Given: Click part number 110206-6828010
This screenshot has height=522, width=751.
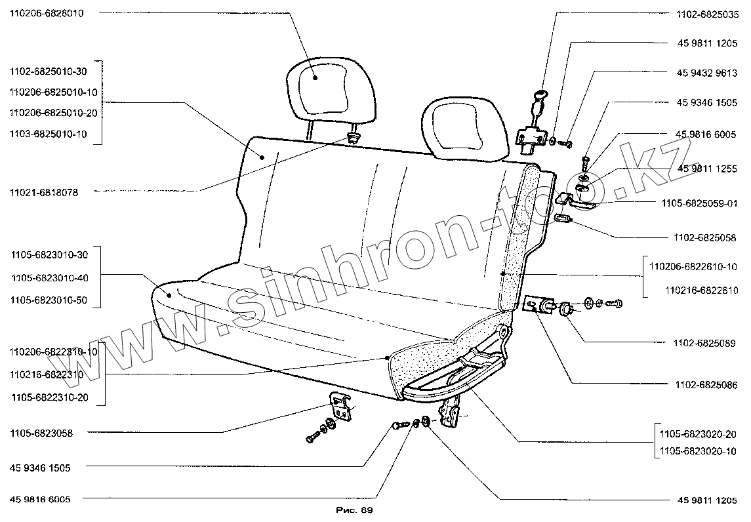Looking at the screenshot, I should (x=46, y=12).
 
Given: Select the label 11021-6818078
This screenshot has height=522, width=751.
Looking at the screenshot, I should (x=44, y=193).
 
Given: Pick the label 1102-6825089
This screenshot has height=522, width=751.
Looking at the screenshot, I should (x=704, y=343).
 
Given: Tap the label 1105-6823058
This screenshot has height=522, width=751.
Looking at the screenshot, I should (x=41, y=433).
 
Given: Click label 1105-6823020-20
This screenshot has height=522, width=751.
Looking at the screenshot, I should (x=697, y=435).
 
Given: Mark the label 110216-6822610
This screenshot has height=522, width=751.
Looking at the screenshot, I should (x=701, y=290).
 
